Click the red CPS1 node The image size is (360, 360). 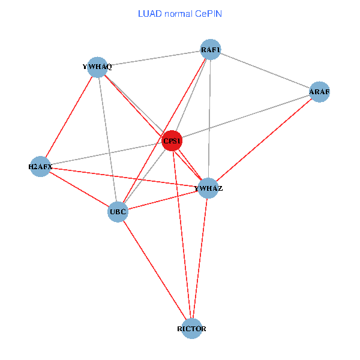click(172, 141)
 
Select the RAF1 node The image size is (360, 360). click(211, 50)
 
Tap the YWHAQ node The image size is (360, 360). click(97, 67)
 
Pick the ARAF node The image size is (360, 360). click(319, 92)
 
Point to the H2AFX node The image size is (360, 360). click(40, 166)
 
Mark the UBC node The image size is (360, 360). click(118, 211)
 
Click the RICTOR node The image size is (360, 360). click(191, 329)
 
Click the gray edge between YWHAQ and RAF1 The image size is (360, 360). click(154, 59)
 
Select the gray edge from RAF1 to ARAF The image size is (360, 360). click(265, 71)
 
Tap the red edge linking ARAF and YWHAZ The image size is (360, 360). click(264, 140)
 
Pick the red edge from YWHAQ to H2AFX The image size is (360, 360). click(69, 116)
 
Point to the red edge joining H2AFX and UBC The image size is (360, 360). click(79, 188)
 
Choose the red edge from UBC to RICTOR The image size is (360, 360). click(154, 270)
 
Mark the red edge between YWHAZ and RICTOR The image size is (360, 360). click(200, 259)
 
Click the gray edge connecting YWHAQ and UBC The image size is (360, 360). click(107, 139)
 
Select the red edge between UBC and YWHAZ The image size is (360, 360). click(163, 200)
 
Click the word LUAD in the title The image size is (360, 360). click(148, 13)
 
